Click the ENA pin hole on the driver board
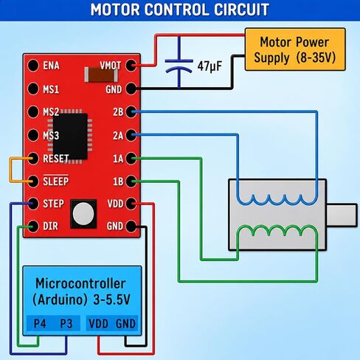click(x=33, y=66)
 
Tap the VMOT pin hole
click(x=131, y=66)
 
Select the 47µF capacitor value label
click(x=210, y=66)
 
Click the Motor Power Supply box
click(x=295, y=49)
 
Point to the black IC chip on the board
click(x=70, y=136)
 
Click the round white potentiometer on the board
click(x=83, y=214)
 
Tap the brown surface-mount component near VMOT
click(x=101, y=75)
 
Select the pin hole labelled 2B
click(x=131, y=111)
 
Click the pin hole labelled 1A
click(x=131, y=159)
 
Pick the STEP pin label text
click(x=53, y=204)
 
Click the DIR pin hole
click(x=33, y=226)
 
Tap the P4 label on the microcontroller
click(x=40, y=323)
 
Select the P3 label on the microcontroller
click(x=66, y=323)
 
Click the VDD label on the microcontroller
click(x=98, y=324)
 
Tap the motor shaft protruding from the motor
click(x=342, y=215)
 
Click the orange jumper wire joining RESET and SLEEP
click(x=10, y=170)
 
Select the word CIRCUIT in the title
click(x=241, y=10)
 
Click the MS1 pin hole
click(x=33, y=89)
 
